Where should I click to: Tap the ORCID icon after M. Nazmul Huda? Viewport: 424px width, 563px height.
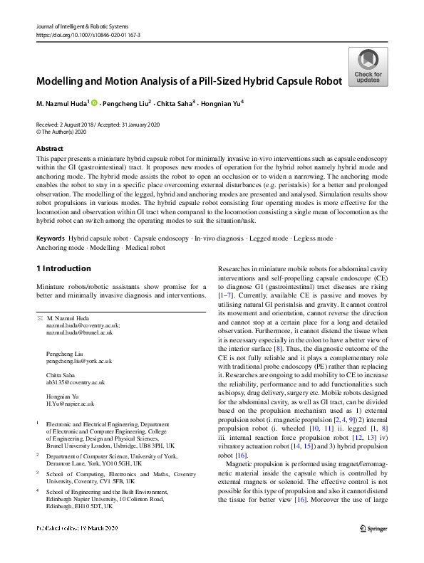[94, 102]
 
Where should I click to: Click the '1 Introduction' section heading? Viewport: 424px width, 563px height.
[63, 268]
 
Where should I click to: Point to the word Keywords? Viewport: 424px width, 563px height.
[51, 239]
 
